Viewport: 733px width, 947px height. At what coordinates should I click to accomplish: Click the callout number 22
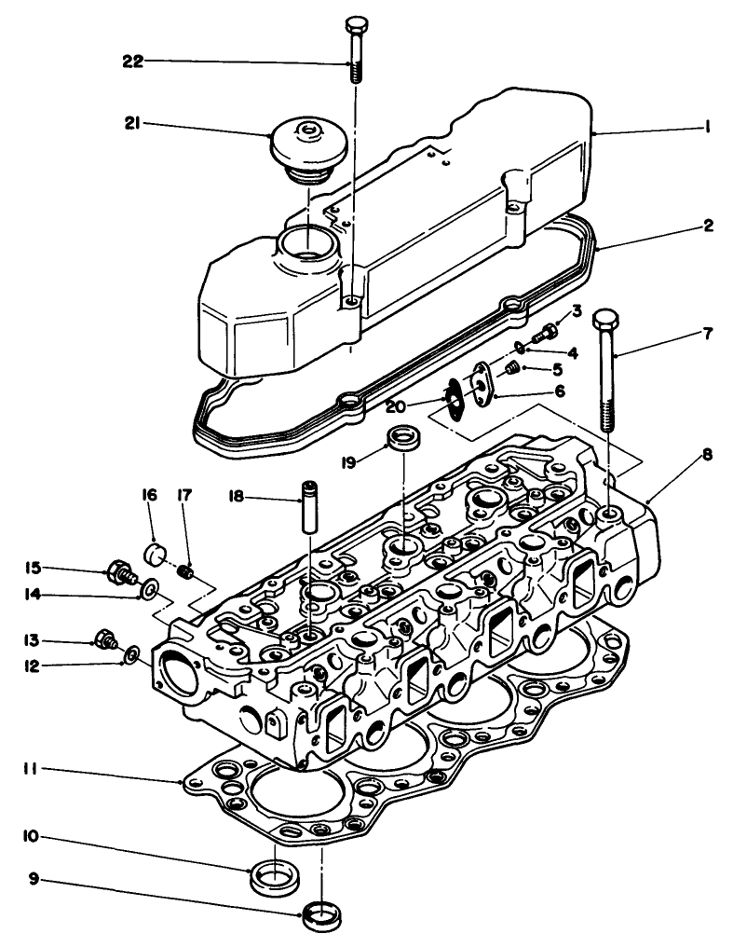[x=134, y=62]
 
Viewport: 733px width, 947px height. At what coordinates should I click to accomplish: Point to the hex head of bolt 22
[x=357, y=24]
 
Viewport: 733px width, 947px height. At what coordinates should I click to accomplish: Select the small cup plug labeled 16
[x=154, y=556]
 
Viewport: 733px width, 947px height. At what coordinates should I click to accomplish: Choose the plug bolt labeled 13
[x=106, y=639]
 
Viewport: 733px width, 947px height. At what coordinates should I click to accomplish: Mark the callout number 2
[x=707, y=226]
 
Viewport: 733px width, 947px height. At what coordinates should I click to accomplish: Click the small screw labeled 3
[x=548, y=331]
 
